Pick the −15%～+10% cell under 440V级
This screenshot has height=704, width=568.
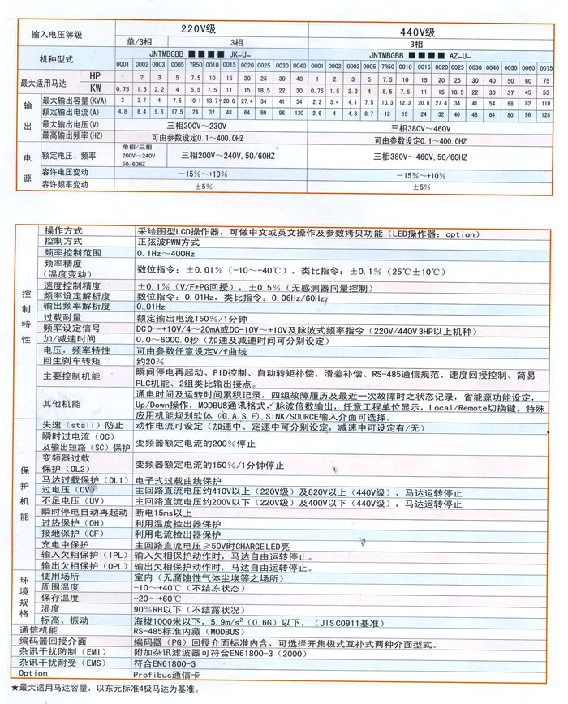(422, 174)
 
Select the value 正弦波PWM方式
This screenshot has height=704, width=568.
(169, 242)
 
